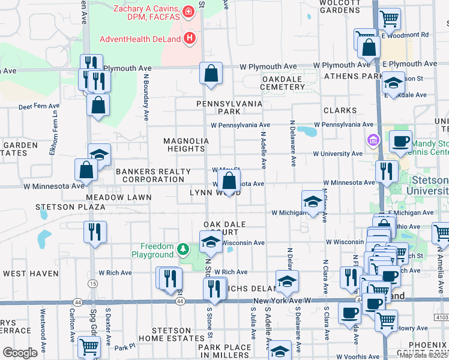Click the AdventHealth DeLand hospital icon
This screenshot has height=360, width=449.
tap(190, 39)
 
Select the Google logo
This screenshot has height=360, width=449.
tap(20, 352)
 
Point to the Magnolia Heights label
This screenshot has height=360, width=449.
tap(186, 145)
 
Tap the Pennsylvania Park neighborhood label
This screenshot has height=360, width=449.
tap(230, 107)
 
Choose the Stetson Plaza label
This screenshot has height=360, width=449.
tap(70, 207)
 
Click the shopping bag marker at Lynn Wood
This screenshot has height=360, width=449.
tap(229, 181)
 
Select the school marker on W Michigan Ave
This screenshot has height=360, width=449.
tap(312, 203)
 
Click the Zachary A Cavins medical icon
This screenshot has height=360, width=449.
tap(188, 11)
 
